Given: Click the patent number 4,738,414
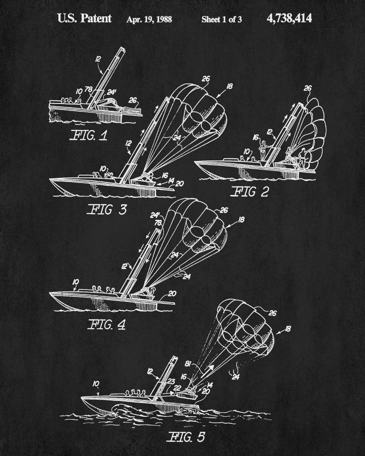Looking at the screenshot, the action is click(289, 18).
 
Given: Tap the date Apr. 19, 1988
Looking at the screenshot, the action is click(149, 20).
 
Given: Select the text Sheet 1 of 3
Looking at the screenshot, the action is click(221, 20).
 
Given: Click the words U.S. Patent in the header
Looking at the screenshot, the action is click(84, 18).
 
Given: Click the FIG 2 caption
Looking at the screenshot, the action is click(250, 192).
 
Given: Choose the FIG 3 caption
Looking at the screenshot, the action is click(107, 209).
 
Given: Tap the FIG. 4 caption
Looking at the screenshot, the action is click(106, 324).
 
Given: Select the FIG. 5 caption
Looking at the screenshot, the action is click(187, 437).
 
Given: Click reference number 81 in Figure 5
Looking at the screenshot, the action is click(188, 364).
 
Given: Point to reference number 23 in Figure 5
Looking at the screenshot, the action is click(171, 382).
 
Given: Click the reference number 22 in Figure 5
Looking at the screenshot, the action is click(177, 388).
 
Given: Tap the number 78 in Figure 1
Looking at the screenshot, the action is click(89, 89).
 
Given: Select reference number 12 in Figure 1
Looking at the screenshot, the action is click(98, 59).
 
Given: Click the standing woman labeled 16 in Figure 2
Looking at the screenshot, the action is click(263, 150).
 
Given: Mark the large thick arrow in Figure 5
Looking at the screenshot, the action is click(207, 371).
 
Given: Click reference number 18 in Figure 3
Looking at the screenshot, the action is click(229, 86).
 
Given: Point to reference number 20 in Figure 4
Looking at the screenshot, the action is click(172, 293).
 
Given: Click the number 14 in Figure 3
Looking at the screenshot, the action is click(172, 181).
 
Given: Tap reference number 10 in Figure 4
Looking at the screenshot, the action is click(76, 282).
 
